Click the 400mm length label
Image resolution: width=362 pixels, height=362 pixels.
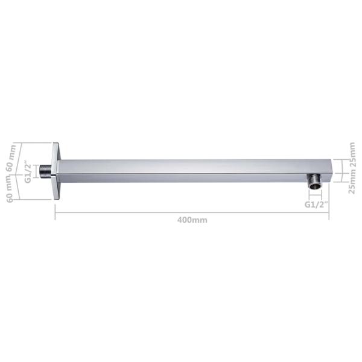coord(192,220)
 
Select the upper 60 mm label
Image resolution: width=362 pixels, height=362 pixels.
coord(10,157)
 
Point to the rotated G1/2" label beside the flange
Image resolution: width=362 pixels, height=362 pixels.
coord(28,171)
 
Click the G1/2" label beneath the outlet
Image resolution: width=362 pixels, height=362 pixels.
coord(315,205)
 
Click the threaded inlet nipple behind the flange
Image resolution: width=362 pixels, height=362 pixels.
coord(45,171)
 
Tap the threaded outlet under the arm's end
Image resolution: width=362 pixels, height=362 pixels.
coord(314,182)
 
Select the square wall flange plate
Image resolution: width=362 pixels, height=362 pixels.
coord(56,171)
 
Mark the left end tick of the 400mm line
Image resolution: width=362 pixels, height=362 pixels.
coord(56,212)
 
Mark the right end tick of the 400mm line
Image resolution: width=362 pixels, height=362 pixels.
coord(329,212)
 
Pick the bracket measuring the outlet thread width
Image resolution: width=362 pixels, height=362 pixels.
coord(315,197)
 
